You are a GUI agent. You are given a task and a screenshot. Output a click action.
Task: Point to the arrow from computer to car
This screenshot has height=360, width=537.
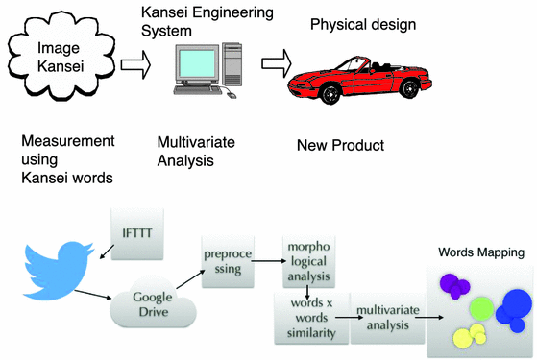pyautogui.click(x=276, y=63)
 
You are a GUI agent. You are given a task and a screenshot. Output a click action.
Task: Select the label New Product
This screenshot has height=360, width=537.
pyautogui.click(x=339, y=146)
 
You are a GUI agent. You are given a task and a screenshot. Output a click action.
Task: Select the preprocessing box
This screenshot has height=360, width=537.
pyautogui.click(x=227, y=263)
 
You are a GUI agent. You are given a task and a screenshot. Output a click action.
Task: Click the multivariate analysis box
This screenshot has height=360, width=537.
pyautogui.click(x=384, y=318)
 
